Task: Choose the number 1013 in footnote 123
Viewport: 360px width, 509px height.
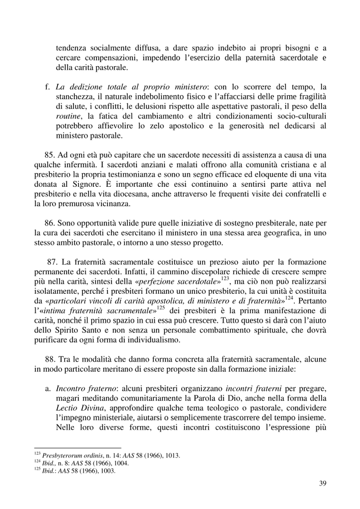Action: [171, 455]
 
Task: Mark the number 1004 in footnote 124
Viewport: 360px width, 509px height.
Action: [121, 463]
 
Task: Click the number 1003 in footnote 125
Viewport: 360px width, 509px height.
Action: [106, 470]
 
